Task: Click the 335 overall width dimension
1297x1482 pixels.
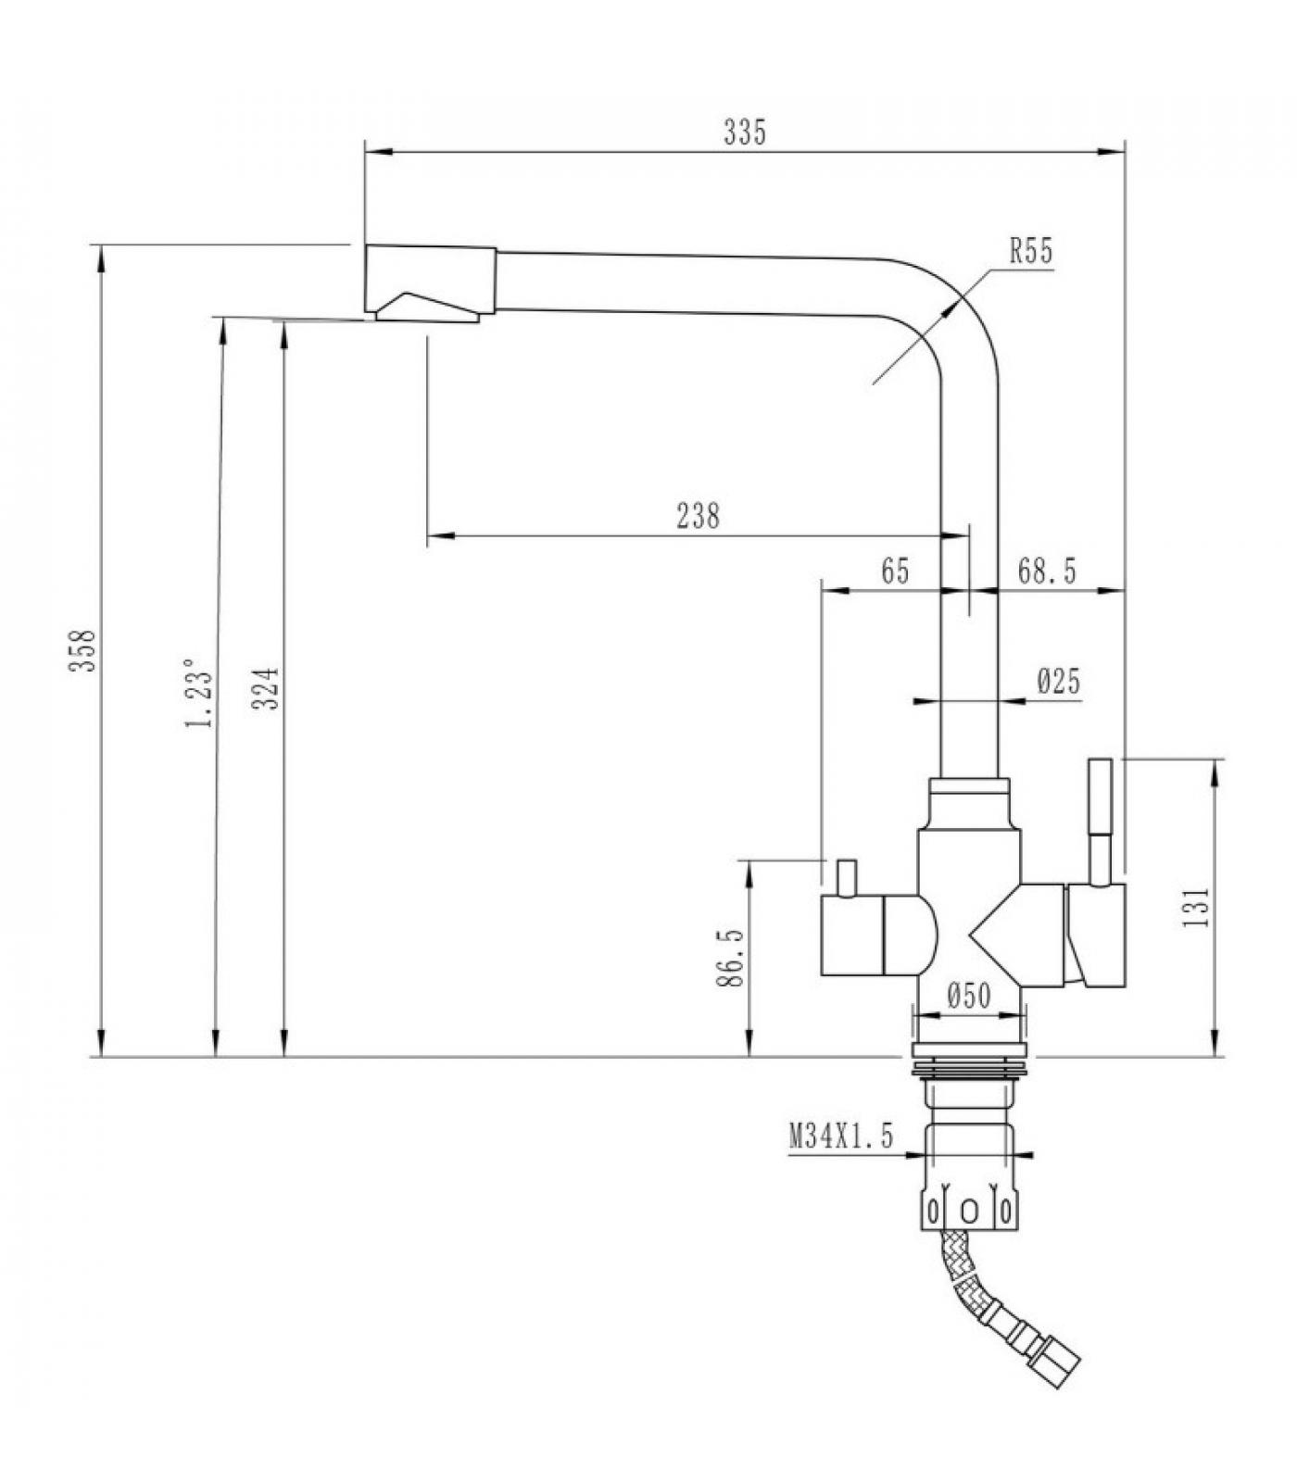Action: pyautogui.click(x=745, y=133)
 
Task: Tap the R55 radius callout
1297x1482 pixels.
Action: pyautogui.click(x=1031, y=251)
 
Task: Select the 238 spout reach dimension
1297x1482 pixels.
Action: pyautogui.click(x=698, y=515)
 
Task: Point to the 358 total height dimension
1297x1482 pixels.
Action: pyautogui.click(x=85, y=650)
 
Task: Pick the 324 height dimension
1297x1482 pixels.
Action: pyautogui.click(x=267, y=688)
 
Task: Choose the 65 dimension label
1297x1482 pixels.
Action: pyautogui.click(x=895, y=571)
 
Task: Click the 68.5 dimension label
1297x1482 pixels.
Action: pyautogui.click(x=1047, y=571)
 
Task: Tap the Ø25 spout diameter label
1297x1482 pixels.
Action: pyautogui.click(x=1059, y=683)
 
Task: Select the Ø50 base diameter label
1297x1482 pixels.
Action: pyautogui.click(x=970, y=996)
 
